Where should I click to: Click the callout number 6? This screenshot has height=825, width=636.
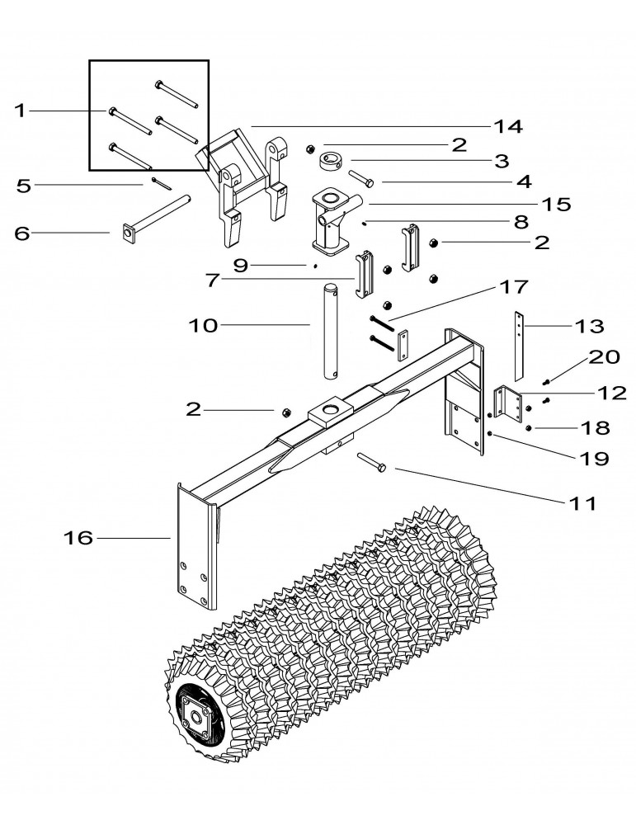(21, 233)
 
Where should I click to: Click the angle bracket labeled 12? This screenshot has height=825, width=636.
(508, 403)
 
